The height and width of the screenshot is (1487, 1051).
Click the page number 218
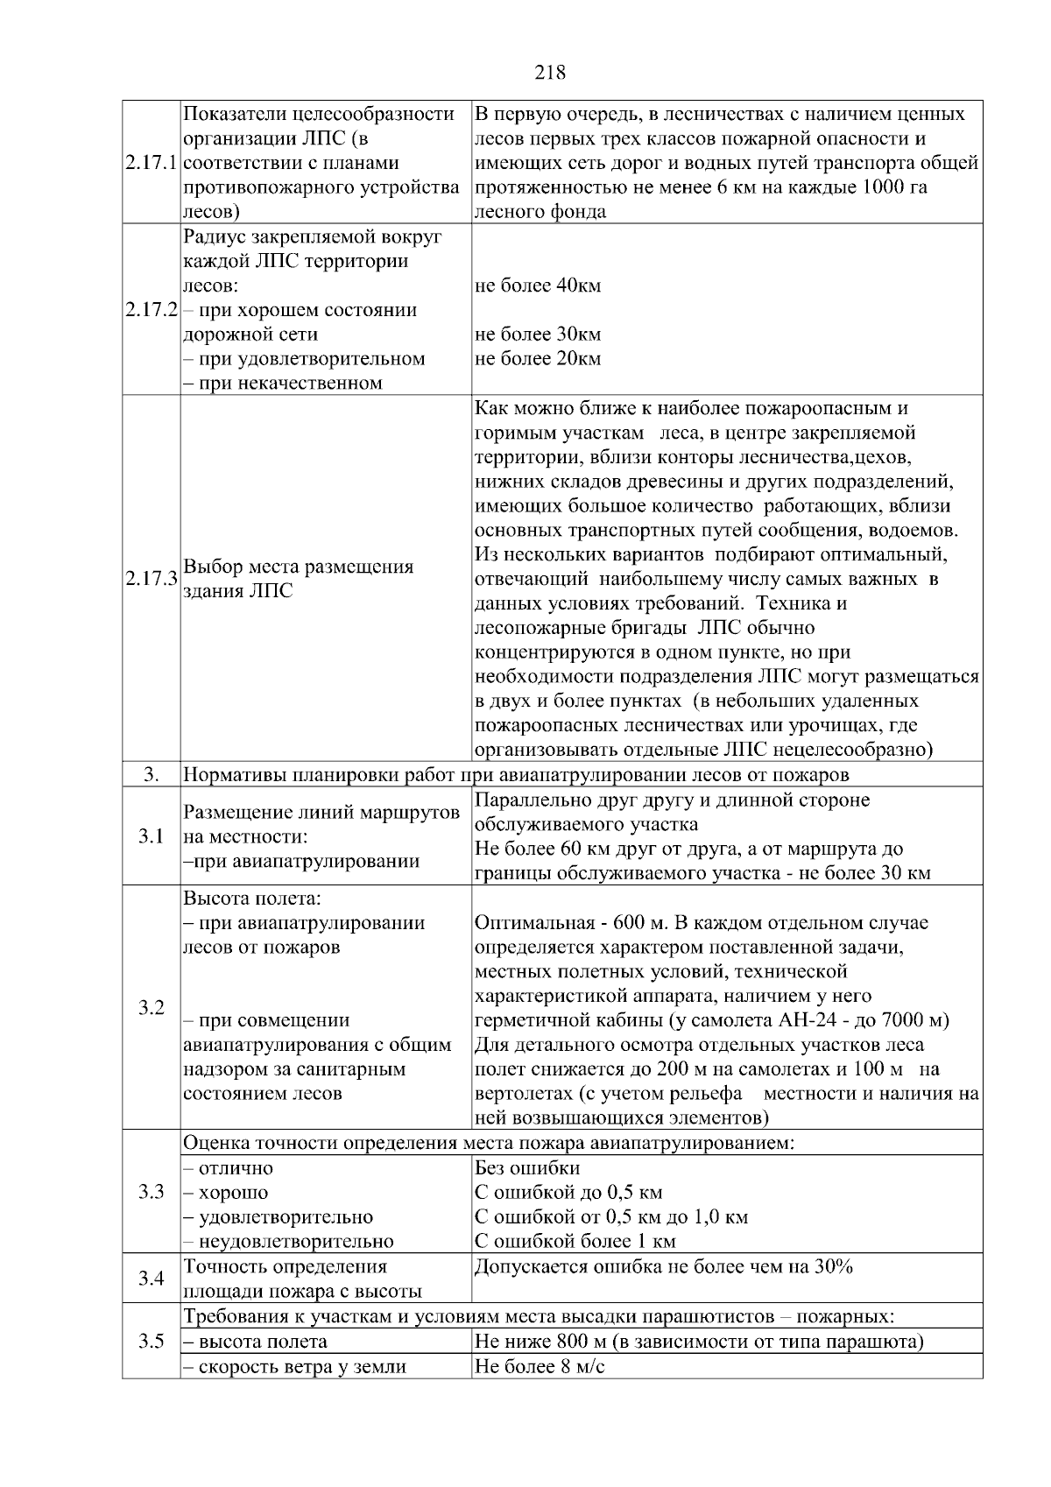click(x=550, y=73)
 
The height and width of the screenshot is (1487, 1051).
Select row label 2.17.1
click(x=151, y=164)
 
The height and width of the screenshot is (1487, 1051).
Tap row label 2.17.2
click(x=151, y=310)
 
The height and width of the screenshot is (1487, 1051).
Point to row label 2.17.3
click(x=151, y=579)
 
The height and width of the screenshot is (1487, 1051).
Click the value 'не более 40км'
click(x=537, y=285)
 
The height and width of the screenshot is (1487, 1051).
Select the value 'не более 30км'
click(x=537, y=335)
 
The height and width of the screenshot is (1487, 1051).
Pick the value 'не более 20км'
click(x=537, y=359)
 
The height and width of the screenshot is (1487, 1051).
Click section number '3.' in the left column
click(x=151, y=775)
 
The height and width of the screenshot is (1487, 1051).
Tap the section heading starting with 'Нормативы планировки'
click(x=515, y=775)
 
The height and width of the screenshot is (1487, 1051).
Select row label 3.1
click(x=151, y=836)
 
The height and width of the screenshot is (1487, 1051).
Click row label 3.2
click(x=151, y=1008)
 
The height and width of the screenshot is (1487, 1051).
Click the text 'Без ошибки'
click(x=526, y=1168)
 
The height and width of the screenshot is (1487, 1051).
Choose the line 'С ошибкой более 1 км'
click(x=575, y=1241)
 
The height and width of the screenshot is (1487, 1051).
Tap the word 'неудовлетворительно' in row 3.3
click(x=296, y=1241)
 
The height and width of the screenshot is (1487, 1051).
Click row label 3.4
click(x=151, y=1279)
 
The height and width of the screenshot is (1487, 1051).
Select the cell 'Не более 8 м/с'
click(x=539, y=1366)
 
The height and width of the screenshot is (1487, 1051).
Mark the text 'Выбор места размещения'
click(x=298, y=567)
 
